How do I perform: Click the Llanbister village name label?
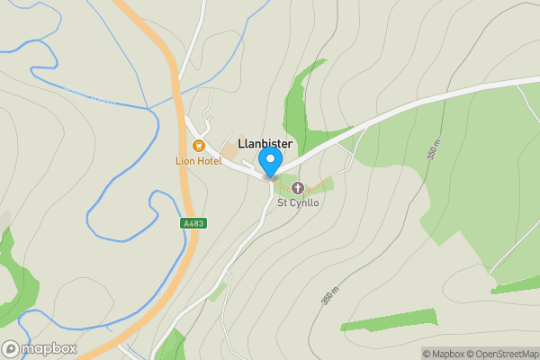pos(265,143)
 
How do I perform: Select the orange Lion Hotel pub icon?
pos(199,145)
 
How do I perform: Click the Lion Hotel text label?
pos(198,160)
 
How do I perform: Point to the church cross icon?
pos(298,187)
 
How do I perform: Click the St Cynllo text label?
pos(298,202)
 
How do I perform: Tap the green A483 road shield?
pos(192,223)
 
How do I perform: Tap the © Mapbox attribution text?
pos(444,354)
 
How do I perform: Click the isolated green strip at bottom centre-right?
pos(389,320)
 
